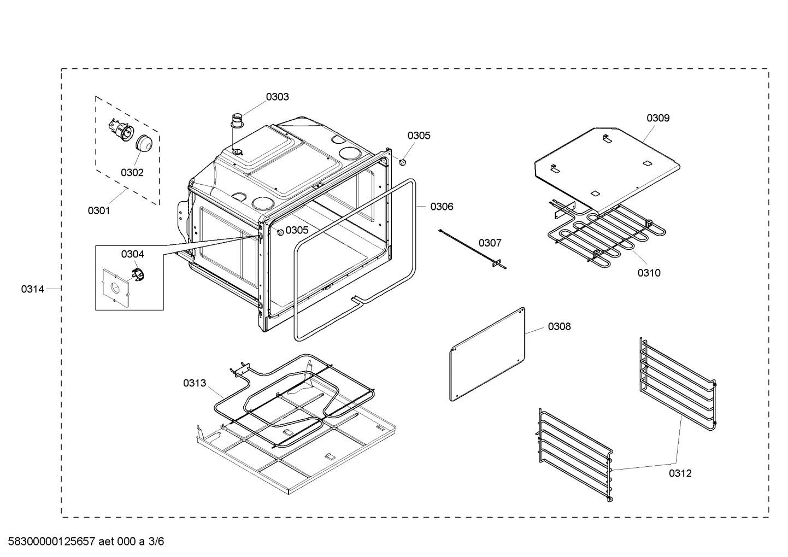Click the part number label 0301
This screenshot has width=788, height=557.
point(99,210)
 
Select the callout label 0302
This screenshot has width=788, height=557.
point(132,173)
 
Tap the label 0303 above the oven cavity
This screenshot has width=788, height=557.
point(278,97)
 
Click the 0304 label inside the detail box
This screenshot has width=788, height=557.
point(133,254)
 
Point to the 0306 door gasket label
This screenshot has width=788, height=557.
point(442,206)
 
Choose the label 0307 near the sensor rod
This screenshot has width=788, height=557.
point(490,243)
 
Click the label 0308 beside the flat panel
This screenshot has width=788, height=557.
point(559,326)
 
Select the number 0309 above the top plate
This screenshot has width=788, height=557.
point(658,118)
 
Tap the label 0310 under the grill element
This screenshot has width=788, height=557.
point(649,273)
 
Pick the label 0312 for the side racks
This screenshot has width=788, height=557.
point(680,473)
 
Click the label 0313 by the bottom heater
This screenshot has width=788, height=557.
point(195,383)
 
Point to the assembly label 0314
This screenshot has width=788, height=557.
point(33,289)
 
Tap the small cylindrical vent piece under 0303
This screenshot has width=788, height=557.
point(238,121)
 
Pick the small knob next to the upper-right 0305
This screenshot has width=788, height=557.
point(403,162)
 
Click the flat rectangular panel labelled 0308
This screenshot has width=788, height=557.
point(487,354)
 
